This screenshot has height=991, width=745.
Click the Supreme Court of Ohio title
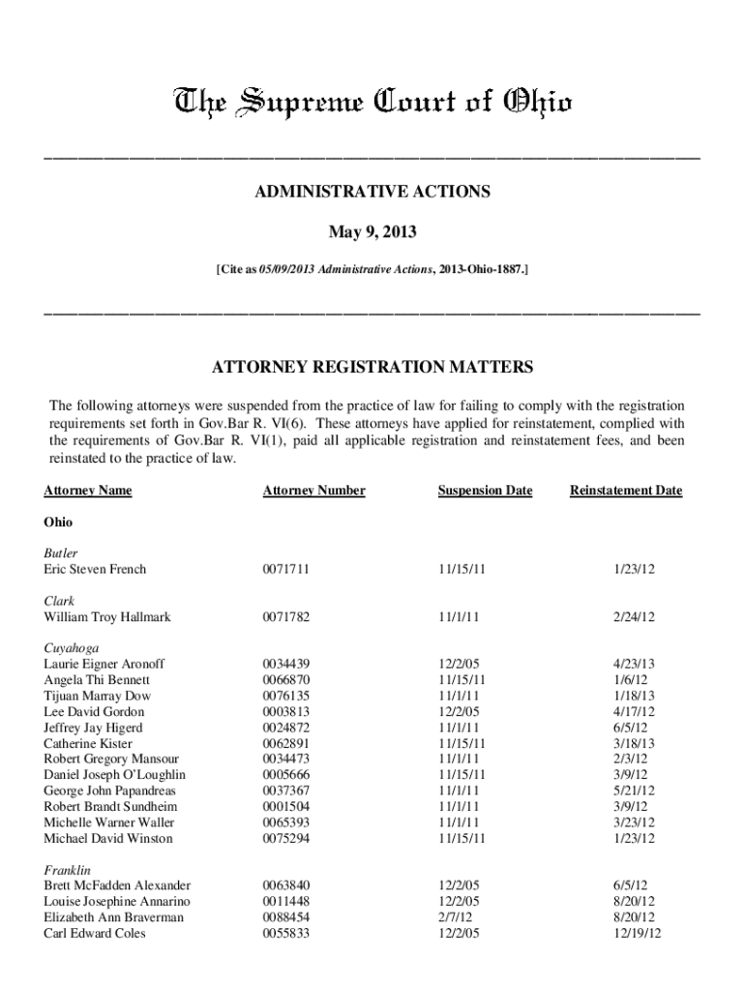372,102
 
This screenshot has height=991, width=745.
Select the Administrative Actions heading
372,192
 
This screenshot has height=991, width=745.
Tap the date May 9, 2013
372,232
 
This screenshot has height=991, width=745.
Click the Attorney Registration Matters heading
372,368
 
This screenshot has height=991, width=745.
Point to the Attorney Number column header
313,491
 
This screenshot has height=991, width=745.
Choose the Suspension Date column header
485,491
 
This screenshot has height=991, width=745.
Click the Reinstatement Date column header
626,491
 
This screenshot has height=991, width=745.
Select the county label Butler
61,553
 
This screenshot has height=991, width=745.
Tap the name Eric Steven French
95,569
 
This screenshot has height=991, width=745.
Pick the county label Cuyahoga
71,647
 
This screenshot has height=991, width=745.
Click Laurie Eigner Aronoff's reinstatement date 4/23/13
635,664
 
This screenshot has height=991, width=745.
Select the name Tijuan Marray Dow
97,696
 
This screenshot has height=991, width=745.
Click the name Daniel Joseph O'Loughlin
114,774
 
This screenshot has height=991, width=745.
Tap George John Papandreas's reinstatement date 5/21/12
635,791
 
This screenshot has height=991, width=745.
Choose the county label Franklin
68,869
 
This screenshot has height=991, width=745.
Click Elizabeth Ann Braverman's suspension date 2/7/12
455,917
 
